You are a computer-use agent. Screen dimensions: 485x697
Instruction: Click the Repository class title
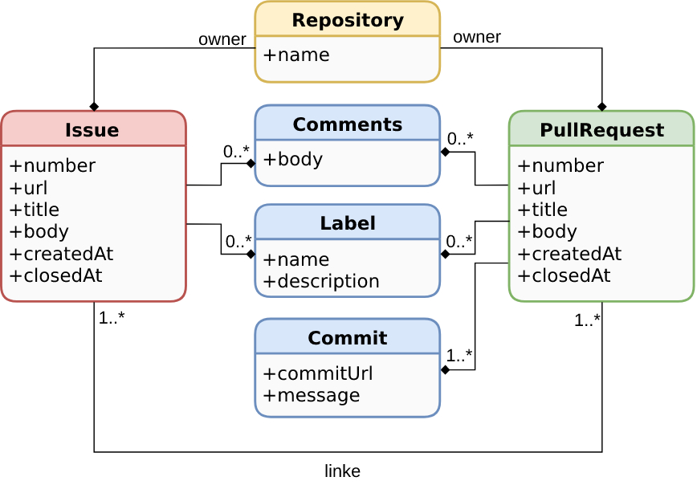coord(347,20)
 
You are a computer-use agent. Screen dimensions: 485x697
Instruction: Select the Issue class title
coord(92,130)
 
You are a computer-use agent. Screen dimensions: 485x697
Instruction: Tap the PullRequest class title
coord(601,130)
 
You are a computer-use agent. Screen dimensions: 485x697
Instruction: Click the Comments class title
coord(347,124)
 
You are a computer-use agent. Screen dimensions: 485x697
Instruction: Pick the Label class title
coord(347,223)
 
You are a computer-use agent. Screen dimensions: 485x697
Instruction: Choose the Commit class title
coord(347,338)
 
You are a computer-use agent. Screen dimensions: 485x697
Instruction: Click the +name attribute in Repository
coord(296,55)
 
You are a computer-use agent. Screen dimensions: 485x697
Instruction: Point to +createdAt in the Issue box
coord(61,254)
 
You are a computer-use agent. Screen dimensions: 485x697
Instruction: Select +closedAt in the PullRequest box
coord(564,275)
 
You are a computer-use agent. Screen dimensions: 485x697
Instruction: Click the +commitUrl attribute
coord(318,373)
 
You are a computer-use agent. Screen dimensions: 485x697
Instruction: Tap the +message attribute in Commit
coord(312,395)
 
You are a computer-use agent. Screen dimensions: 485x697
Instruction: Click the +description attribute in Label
coord(321,281)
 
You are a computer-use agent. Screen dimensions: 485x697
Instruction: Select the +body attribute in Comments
coord(293,159)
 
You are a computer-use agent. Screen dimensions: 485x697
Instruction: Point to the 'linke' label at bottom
coord(342,471)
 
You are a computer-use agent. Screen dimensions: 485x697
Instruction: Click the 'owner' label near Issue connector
coord(222,39)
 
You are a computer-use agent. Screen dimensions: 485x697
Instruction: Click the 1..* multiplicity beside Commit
coord(459,355)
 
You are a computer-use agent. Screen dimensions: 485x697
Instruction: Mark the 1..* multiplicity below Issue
coord(112,318)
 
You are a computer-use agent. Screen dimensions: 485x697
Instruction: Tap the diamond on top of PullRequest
coord(602,107)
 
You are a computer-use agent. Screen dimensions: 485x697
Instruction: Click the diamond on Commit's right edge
coord(445,370)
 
